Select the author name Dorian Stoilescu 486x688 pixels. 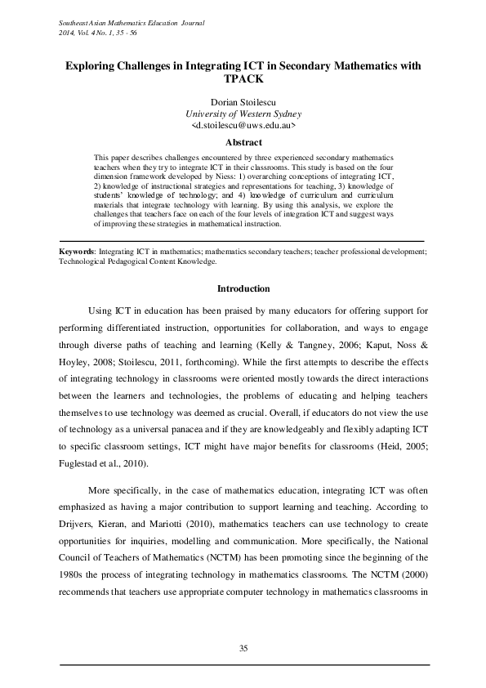coord(243,101)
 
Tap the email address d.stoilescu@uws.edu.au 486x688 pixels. coord(243,127)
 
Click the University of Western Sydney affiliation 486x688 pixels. coord(243,114)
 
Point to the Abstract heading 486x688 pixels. coord(243,142)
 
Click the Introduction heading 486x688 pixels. coord(243,288)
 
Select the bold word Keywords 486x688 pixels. coord(81,252)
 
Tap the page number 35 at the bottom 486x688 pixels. coord(243,648)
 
